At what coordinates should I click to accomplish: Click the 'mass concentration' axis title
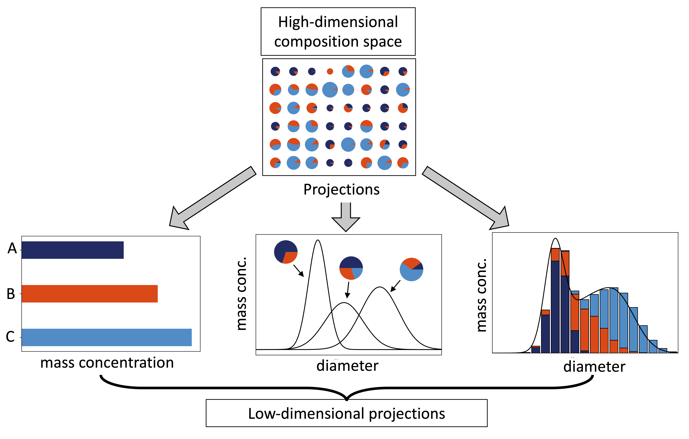pyautogui.click(x=107, y=363)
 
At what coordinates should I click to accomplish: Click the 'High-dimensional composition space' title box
pyautogui.click(x=338, y=31)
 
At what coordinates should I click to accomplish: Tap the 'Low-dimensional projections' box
pyautogui.click(x=347, y=413)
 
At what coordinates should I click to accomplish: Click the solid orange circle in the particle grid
pyautogui.click(x=330, y=71)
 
